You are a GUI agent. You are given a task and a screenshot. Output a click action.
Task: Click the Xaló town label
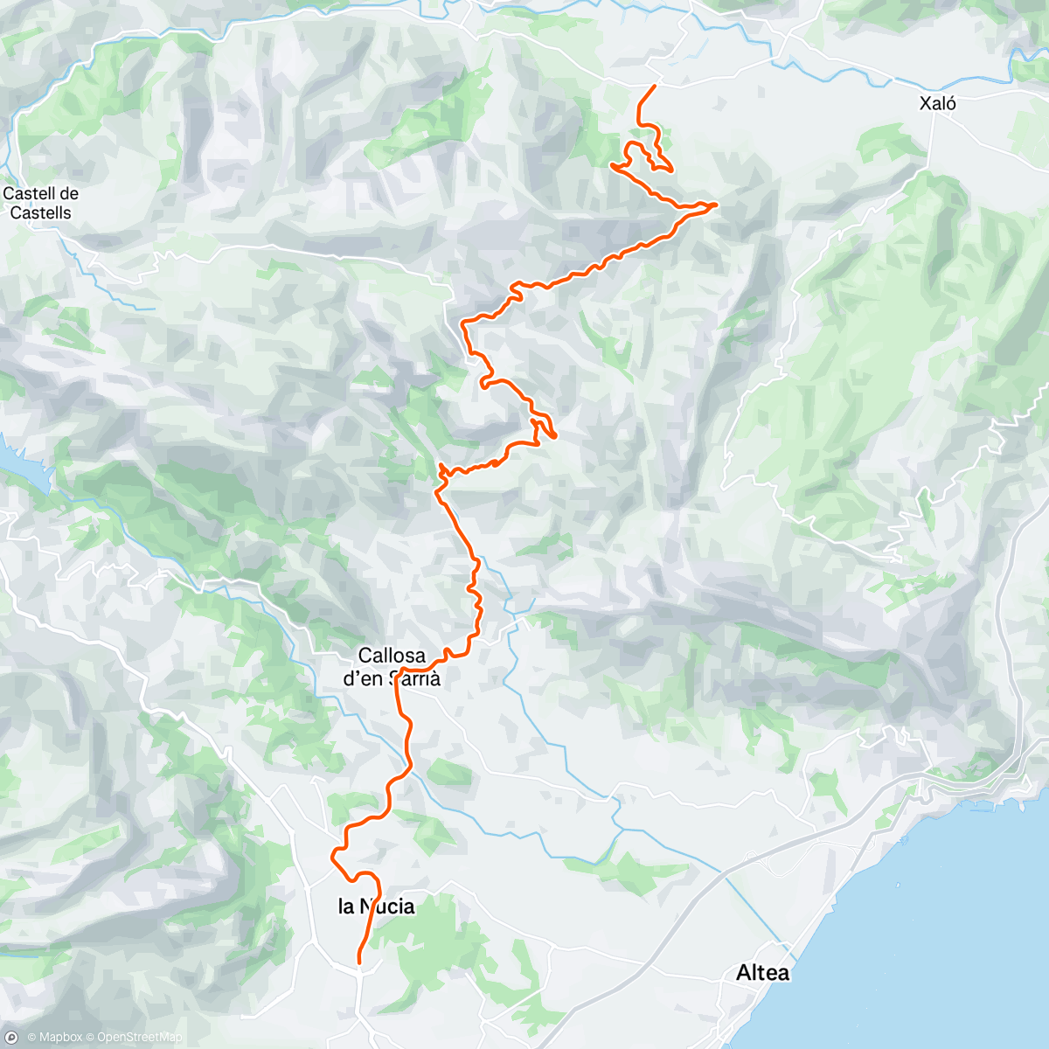click(x=937, y=104)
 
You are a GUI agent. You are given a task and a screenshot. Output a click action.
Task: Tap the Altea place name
click(x=762, y=972)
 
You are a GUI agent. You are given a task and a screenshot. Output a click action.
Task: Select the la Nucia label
click(x=376, y=907)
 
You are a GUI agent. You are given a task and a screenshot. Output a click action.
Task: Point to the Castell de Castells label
click(x=40, y=203)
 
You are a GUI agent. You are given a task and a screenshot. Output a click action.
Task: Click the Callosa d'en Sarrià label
click(x=392, y=666)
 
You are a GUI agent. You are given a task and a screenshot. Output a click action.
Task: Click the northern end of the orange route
click(x=655, y=86)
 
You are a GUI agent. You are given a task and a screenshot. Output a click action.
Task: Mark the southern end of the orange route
click(x=358, y=962)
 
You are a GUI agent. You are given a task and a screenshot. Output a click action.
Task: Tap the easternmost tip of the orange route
click(x=717, y=204)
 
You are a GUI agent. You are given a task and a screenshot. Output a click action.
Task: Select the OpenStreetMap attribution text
click(x=139, y=1038)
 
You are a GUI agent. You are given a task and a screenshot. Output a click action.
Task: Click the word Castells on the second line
click(x=40, y=212)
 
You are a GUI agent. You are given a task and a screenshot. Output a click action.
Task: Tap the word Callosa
click(x=392, y=656)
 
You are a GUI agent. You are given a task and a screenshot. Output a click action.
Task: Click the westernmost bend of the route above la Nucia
click(x=332, y=857)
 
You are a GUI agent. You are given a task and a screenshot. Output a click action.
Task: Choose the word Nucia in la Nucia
click(x=387, y=907)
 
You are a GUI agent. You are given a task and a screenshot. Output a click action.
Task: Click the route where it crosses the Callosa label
click(x=398, y=677)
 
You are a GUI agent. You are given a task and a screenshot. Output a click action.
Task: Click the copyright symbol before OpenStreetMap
click(x=90, y=1038)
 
